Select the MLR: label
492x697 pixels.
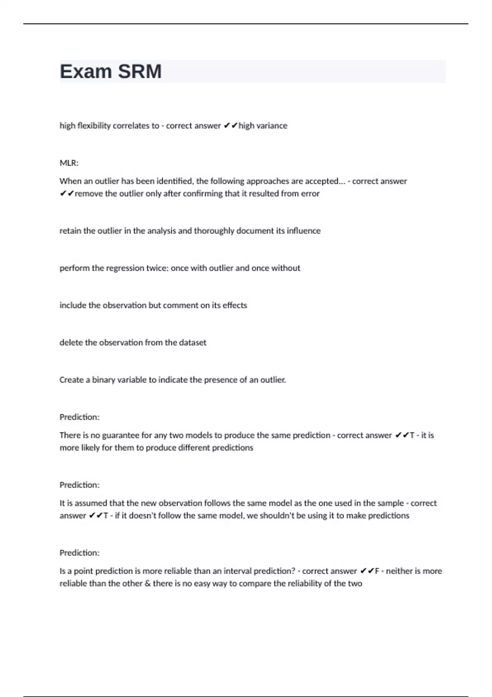69,163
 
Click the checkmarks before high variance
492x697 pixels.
230,126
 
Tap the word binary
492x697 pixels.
104,380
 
